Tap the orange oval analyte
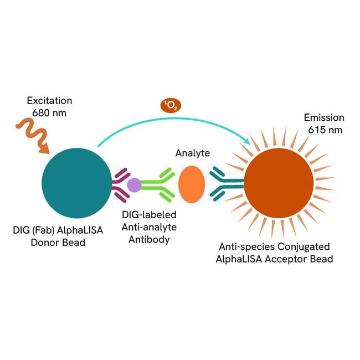[x=192, y=184]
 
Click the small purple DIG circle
[x=135, y=185]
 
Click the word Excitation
[x=49, y=101]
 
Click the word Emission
[x=324, y=118]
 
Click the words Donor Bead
[x=59, y=242]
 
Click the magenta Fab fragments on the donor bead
[x=120, y=185]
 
